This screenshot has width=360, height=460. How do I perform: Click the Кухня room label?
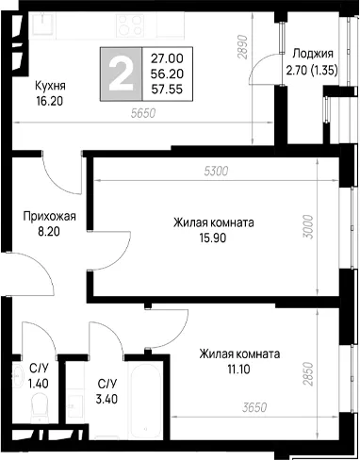tap(50, 86)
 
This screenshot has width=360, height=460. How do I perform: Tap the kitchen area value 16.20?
tap(49, 101)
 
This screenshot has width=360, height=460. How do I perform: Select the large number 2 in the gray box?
tap(121, 75)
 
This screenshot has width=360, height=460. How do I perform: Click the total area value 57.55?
tap(167, 90)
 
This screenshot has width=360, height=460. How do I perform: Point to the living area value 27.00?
tap(167, 58)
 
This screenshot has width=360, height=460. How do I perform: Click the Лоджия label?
tap(313, 54)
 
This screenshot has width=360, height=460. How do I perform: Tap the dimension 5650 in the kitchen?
tap(143, 113)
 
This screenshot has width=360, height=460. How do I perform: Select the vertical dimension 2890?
tap(243, 47)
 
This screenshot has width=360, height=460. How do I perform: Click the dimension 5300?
tap(216, 172)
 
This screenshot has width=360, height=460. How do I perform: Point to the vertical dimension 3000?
tap(308, 226)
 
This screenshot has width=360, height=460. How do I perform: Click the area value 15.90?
tap(213, 238)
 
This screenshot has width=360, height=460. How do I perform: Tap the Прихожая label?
tap(50, 217)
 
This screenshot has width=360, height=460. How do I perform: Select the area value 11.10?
tap(239, 370)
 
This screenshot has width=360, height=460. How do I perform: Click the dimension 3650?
tap(254, 407)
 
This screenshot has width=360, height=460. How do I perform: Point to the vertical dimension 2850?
tap(308, 373)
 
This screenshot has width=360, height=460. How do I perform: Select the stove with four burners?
tap(129, 25)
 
